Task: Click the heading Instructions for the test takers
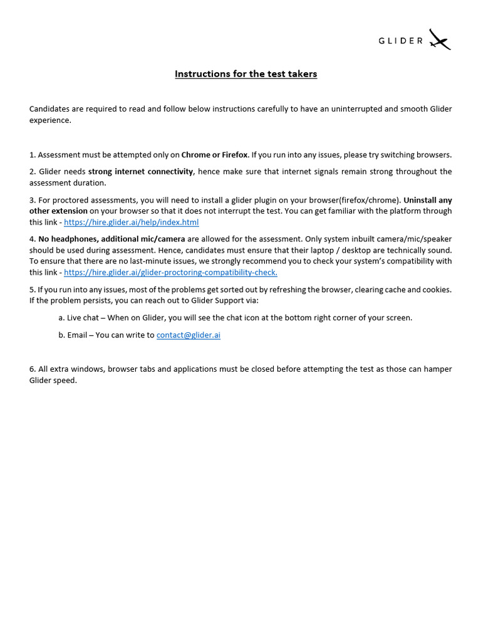pos(246,74)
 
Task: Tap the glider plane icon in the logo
pos(440,40)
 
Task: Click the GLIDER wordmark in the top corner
pos(401,41)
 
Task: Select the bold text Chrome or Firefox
pos(214,155)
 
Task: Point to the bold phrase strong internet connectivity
pos(140,172)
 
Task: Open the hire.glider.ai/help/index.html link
pos(132,223)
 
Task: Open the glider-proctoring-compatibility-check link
pos(170,273)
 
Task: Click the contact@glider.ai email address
pos(188,335)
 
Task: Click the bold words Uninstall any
pos(428,201)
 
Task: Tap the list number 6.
pos(32,369)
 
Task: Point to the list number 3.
pos(32,201)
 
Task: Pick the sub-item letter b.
pos(61,335)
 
